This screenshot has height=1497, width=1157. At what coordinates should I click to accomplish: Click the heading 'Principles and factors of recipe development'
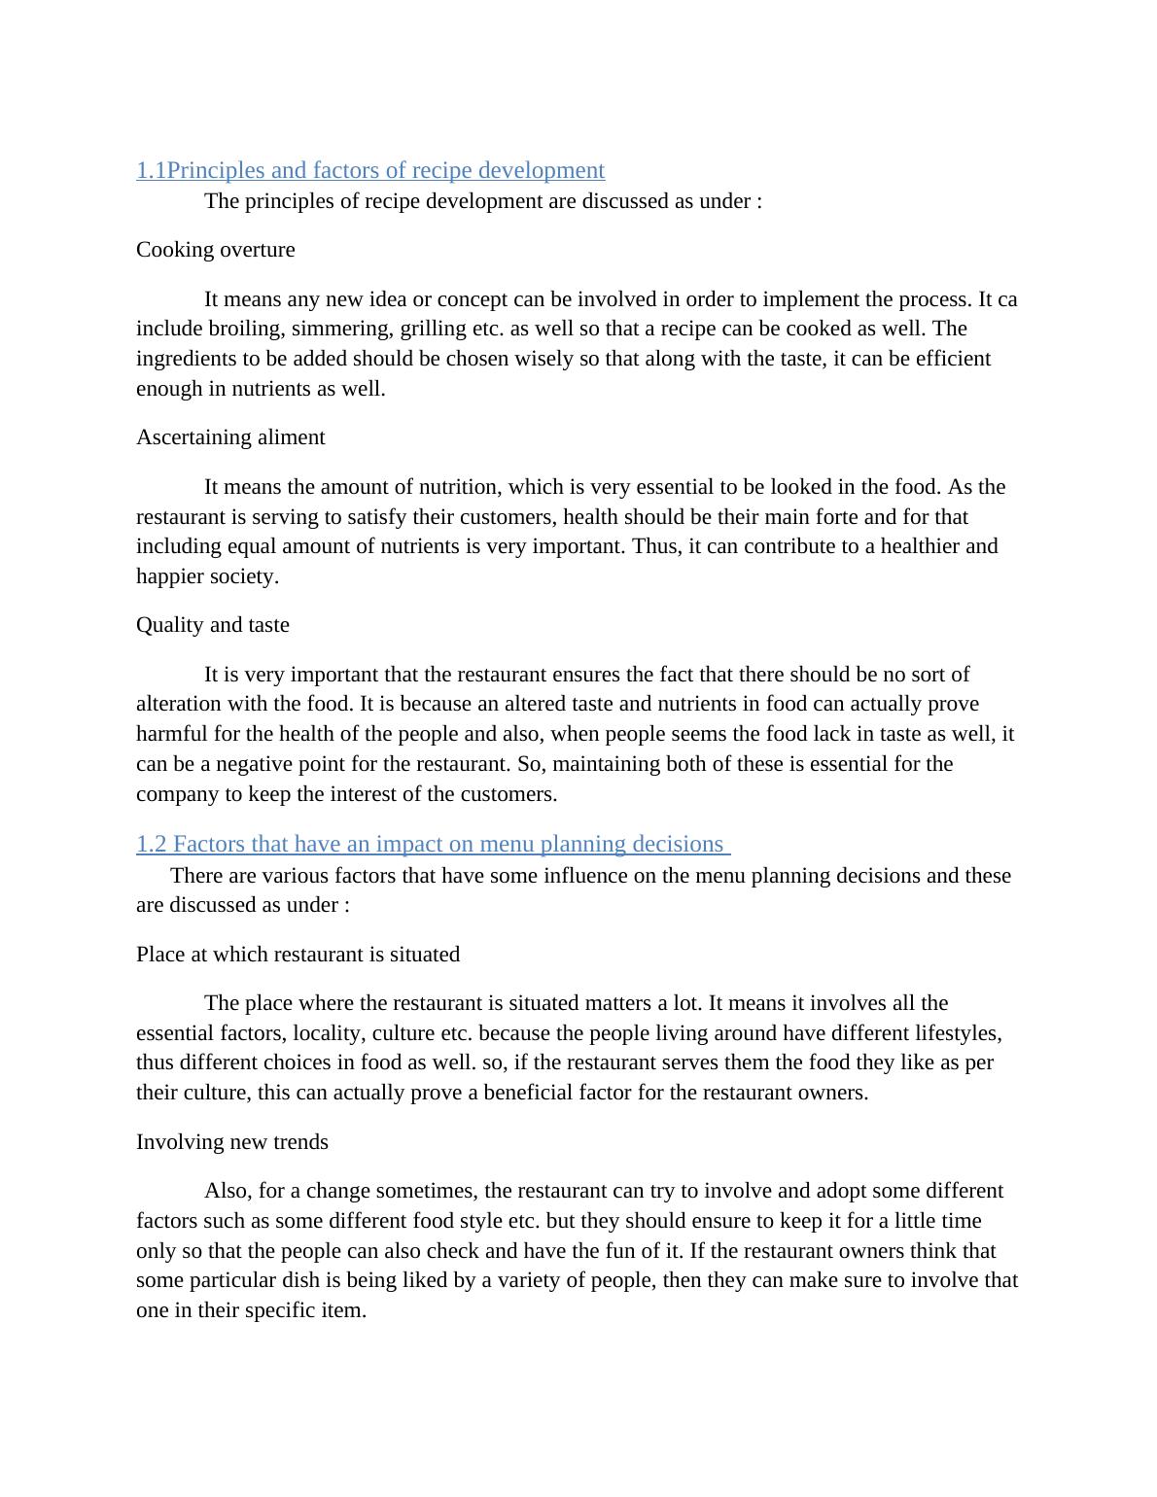(x=385, y=170)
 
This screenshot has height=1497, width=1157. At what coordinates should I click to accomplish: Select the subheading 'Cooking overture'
(x=215, y=250)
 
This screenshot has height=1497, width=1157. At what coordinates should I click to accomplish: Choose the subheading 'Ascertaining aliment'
(x=230, y=437)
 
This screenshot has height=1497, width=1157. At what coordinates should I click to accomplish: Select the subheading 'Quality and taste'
(x=212, y=625)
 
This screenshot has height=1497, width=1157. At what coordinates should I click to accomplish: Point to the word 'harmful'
(x=172, y=734)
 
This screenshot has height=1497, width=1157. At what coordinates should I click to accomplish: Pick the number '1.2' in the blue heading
(x=151, y=844)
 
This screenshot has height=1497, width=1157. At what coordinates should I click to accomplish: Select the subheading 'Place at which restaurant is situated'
(x=298, y=955)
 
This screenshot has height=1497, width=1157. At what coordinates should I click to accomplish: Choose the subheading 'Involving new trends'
(x=231, y=1142)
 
